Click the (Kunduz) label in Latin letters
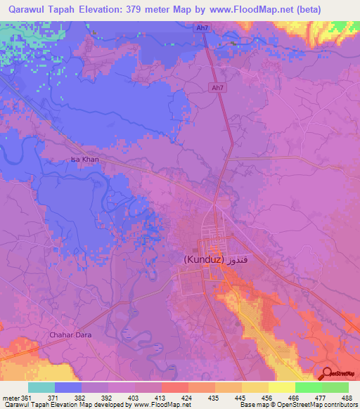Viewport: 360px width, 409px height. point(204,259)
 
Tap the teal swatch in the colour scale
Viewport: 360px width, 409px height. point(41,388)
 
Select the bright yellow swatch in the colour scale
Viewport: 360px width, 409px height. point(281,388)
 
